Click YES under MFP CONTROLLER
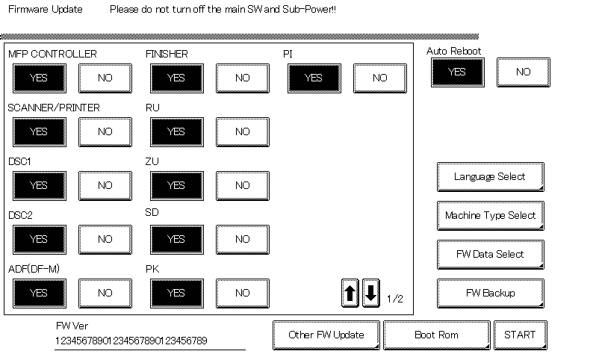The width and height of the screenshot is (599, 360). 40,78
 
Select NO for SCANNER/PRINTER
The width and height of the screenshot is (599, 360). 105,132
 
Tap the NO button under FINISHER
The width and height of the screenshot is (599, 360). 243,78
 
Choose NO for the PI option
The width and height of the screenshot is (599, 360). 380,78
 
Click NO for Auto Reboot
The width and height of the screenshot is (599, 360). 524,72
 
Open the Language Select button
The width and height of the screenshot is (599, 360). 491,177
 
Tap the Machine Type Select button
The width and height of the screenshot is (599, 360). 491,216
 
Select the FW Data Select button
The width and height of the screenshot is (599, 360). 491,255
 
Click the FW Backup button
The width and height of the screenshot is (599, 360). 491,294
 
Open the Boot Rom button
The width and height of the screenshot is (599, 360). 437,335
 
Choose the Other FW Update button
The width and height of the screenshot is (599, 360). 326,335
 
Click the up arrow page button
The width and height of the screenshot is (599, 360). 350,294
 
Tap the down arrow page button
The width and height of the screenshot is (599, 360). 371,294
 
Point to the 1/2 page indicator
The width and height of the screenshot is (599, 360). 395,299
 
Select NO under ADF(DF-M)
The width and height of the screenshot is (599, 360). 105,294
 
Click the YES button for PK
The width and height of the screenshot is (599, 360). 177,294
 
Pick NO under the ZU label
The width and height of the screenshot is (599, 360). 243,186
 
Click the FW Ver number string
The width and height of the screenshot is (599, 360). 131,341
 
